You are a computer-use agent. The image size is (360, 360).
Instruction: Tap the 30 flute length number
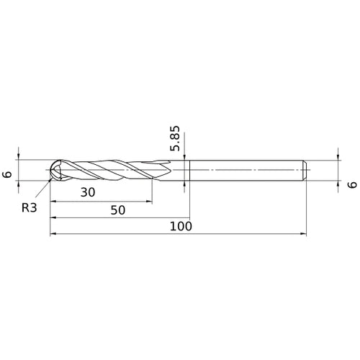click(x=88, y=192)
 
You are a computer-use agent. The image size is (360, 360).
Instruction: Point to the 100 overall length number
click(x=179, y=226)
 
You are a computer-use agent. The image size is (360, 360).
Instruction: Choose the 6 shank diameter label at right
click(x=351, y=185)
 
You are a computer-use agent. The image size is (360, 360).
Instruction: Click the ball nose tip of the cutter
click(x=52, y=170)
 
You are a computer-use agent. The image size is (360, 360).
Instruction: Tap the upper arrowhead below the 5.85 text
click(x=186, y=157)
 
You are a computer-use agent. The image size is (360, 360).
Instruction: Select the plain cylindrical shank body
click(x=245, y=170)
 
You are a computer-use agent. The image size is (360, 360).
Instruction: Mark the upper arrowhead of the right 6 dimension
click(x=338, y=156)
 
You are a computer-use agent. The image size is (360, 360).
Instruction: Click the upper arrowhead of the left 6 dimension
click(x=20, y=156)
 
